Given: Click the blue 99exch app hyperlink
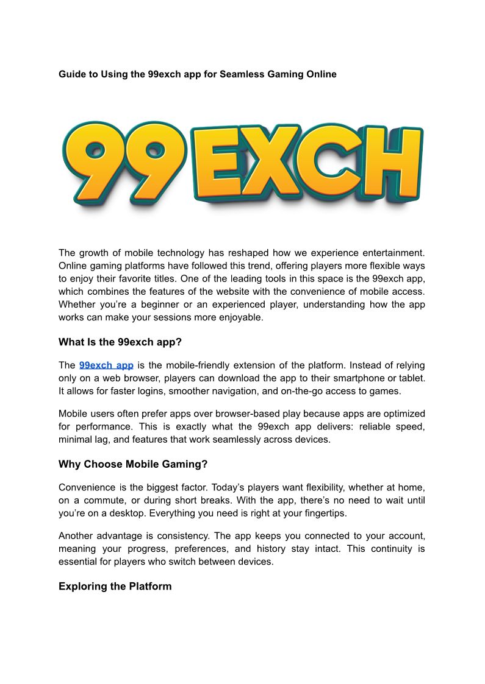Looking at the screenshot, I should [x=106, y=365].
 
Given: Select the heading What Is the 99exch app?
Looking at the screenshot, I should [x=120, y=342].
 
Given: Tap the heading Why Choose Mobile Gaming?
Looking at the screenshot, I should [x=133, y=464].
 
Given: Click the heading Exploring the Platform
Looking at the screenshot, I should [x=115, y=587].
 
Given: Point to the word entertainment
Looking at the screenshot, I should [x=393, y=253].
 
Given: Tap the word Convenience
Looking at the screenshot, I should [x=85, y=487].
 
